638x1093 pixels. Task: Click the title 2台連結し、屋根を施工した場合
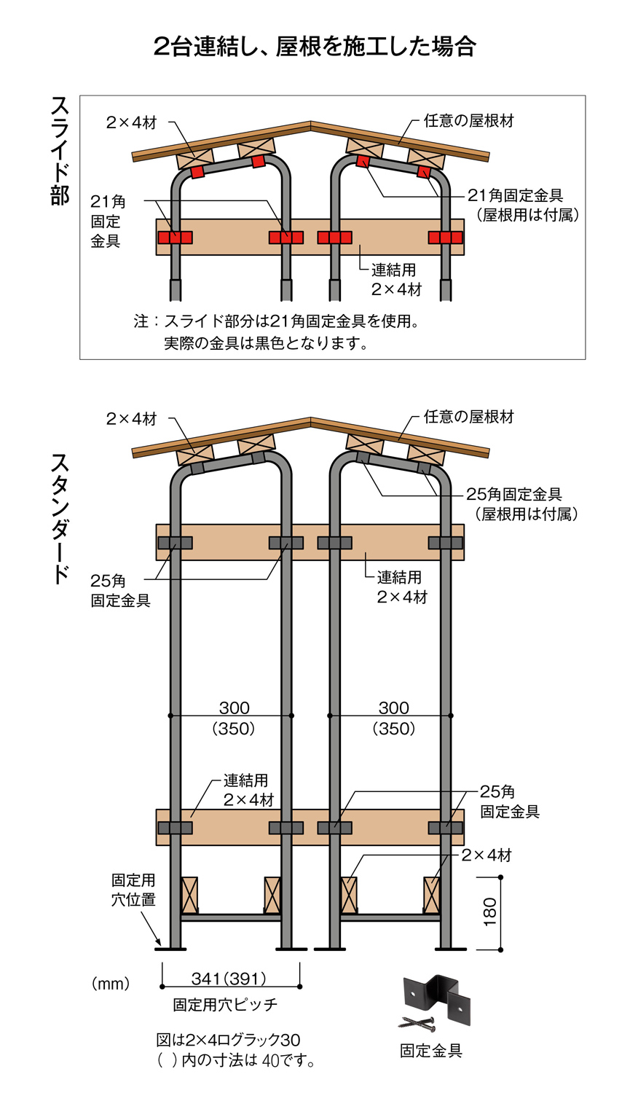point(315,46)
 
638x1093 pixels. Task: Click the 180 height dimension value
point(489,912)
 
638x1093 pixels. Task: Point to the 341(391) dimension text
point(229,979)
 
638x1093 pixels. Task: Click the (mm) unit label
point(111,984)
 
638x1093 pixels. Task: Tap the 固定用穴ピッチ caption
point(225,1005)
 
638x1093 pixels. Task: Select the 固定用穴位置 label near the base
point(133,890)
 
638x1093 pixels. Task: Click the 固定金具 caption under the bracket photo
point(431,1051)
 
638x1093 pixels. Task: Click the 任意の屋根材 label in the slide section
point(469,121)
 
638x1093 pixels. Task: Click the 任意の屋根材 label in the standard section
point(469,417)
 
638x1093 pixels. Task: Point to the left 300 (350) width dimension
point(234,718)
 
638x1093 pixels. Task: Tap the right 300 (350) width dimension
point(393,718)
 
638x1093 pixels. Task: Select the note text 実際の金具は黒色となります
point(265,343)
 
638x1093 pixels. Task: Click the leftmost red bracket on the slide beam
point(176,238)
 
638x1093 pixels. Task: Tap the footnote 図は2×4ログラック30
point(228,1040)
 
